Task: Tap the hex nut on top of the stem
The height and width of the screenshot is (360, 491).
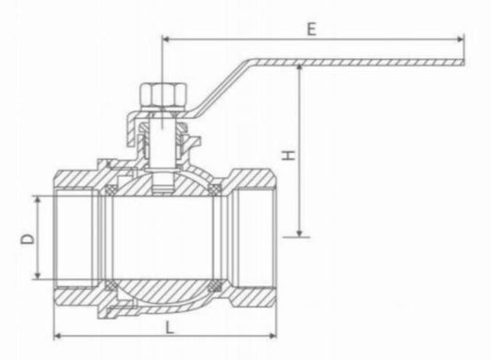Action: [x=160, y=97]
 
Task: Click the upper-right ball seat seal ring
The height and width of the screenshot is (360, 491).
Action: [x=217, y=192]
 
